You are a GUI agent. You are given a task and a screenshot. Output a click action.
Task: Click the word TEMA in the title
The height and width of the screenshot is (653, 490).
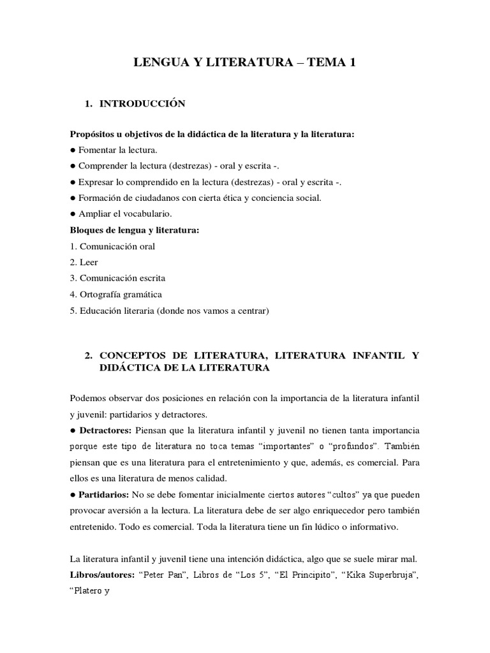[x=323, y=62]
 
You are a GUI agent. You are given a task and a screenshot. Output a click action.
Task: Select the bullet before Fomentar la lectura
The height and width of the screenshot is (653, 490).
[x=73, y=150]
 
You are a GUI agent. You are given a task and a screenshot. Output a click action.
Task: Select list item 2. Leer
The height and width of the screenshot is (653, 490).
[x=84, y=262]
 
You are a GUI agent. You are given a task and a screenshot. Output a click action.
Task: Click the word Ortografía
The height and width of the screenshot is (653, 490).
[x=101, y=295]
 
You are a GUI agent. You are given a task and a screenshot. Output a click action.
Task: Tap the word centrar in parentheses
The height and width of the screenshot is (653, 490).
[x=254, y=311]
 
